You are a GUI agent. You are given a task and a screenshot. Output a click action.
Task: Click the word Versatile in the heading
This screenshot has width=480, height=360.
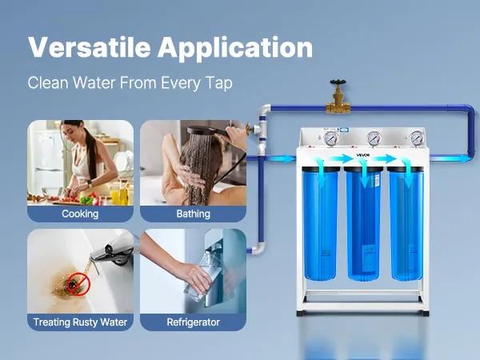(x=89, y=47)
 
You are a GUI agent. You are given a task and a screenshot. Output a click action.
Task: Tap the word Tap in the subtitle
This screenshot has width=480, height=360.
(x=219, y=83)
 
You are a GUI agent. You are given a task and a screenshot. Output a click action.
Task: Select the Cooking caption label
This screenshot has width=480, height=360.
(x=80, y=214)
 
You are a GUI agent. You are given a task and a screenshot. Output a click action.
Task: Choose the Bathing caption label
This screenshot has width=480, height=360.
(x=193, y=214)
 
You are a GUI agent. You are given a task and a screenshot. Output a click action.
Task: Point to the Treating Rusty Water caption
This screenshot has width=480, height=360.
(x=80, y=322)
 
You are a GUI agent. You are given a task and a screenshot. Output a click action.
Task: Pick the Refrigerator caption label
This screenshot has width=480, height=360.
(x=193, y=322)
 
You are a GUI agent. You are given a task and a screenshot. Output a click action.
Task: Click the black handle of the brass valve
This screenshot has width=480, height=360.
(x=338, y=82)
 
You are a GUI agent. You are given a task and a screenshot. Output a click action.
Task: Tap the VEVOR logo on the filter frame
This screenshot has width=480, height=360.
(x=363, y=155)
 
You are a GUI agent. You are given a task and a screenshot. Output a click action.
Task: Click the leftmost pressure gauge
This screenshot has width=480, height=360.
(x=331, y=138)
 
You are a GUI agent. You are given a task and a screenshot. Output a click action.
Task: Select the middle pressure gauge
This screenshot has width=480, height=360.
(x=374, y=138)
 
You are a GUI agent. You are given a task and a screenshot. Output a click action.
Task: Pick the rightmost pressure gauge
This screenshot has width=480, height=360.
(x=416, y=138)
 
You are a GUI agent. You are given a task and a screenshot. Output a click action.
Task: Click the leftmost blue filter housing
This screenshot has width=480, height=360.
(x=321, y=223)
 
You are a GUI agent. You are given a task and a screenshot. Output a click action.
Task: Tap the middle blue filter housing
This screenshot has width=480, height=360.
(x=363, y=223)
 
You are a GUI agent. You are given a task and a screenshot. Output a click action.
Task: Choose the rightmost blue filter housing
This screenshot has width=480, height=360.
(x=406, y=223)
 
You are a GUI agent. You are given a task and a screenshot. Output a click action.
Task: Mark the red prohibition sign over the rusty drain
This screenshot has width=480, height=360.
(x=78, y=284)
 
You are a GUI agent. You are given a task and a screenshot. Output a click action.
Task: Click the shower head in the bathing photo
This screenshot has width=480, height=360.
(x=203, y=130)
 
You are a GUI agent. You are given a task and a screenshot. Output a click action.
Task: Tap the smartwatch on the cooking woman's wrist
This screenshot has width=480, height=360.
(x=90, y=183)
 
